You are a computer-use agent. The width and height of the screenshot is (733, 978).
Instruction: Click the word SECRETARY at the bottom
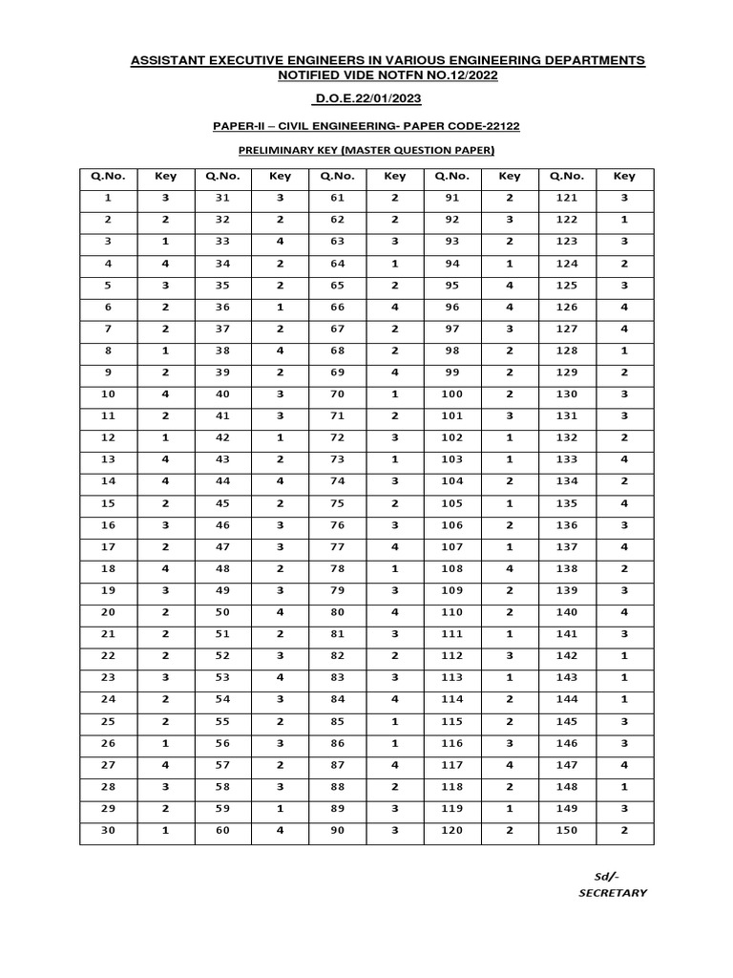(x=613, y=893)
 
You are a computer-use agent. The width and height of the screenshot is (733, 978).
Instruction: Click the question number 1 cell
(x=108, y=198)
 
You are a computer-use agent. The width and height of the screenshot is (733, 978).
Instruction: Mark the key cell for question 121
(x=624, y=198)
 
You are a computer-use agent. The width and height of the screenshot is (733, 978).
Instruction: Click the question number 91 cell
(x=452, y=198)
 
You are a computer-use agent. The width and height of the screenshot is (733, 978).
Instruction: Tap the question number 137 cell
(x=567, y=546)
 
